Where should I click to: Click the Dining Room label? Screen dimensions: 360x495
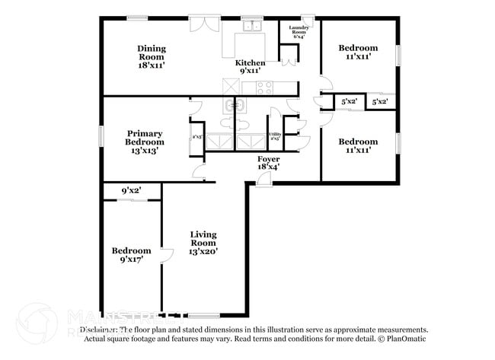click(152, 57)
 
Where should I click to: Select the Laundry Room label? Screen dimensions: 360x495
click(298, 31)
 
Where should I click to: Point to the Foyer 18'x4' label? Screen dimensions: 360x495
click(268, 161)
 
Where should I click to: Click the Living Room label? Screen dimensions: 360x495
click(203, 243)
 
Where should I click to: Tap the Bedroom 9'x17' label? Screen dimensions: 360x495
click(131, 255)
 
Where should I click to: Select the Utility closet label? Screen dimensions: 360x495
click(275, 136)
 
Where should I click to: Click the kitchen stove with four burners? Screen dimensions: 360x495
click(263, 88)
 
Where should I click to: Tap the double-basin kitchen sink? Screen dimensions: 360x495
click(251, 27)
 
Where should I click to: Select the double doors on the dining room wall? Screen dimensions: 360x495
click(203, 24)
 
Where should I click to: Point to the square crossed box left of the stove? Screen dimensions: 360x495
click(232, 87)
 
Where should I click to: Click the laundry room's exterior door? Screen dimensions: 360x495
click(307, 18)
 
